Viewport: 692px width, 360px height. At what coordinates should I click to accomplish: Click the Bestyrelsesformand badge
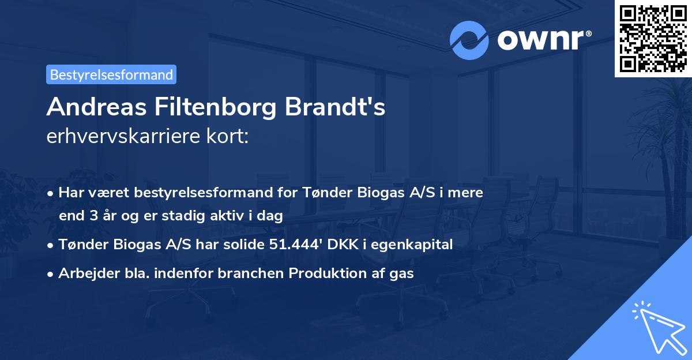point(111,74)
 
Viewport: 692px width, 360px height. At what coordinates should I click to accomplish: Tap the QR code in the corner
point(652,38)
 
